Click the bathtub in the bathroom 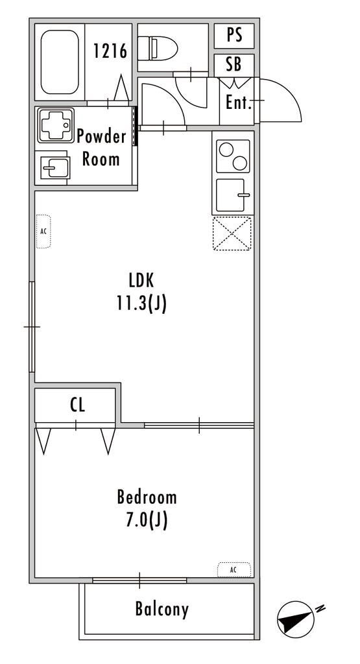point(60,62)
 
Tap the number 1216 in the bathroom point(110,51)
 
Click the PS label point(234,36)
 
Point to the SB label point(234,64)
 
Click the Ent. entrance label point(239,102)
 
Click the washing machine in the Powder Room point(56,125)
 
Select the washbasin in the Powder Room point(54,167)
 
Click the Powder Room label point(102,148)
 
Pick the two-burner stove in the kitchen point(233,156)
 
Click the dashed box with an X point(232,233)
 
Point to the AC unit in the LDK point(43,231)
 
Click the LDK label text point(141,280)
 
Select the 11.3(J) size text point(141,303)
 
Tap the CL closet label point(77,405)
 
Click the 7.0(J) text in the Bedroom point(147,520)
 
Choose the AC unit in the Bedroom point(234,569)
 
